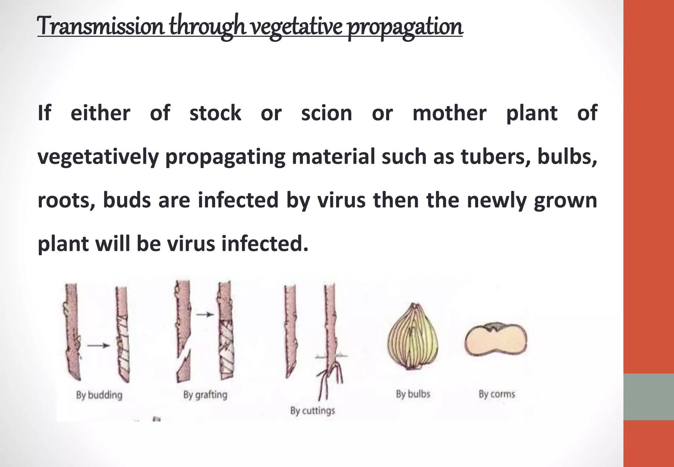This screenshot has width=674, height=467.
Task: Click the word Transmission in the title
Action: pyautogui.click(x=100, y=26)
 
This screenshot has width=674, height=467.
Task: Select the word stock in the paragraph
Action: pyautogui.click(x=215, y=113)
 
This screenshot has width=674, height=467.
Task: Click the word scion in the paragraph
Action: pyautogui.click(x=326, y=113)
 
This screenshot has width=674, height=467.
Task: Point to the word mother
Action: pyautogui.click(x=449, y=113)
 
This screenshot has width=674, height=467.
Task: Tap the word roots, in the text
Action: pyautogui.click(x=66, y=200)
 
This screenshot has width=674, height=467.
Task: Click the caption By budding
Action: pyautogui.click(x=99, y=395)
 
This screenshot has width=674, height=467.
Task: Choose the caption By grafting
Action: pyautogui.click(x=205, y=395)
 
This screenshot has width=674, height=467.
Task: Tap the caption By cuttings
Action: pyautogui.click(x=312, y=411)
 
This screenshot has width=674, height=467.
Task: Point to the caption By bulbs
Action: pyautogui.click(x=413, y=394)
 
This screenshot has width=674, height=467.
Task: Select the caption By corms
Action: pyautogui.click(x=497, y=394)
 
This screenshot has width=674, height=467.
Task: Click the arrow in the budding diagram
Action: pyautogui.click(x=98, y=345)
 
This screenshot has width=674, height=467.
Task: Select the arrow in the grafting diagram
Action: pyautogui.click(x=205, y=315)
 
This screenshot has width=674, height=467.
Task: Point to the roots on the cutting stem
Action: pyautogui.click(x=331, y=379)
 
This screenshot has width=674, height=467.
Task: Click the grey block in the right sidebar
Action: pyautogui.click(x=649, y=397)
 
